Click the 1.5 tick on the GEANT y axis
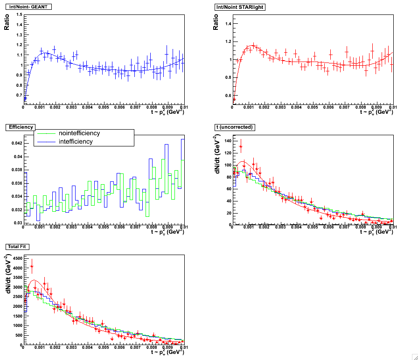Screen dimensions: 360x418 pos(19,14)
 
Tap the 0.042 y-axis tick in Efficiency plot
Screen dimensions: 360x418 pos(15,143)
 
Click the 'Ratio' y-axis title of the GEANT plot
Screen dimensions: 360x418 pos(7,22)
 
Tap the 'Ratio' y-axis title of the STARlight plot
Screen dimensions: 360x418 pos(216,22)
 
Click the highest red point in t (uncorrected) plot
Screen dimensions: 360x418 pos(241,146)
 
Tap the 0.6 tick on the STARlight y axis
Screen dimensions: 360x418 pos(228,96)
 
